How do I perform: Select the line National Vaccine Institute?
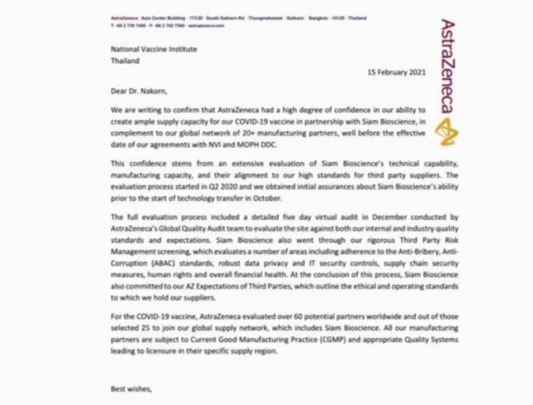pos(154,49)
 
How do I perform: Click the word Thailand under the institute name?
pos(128,61)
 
